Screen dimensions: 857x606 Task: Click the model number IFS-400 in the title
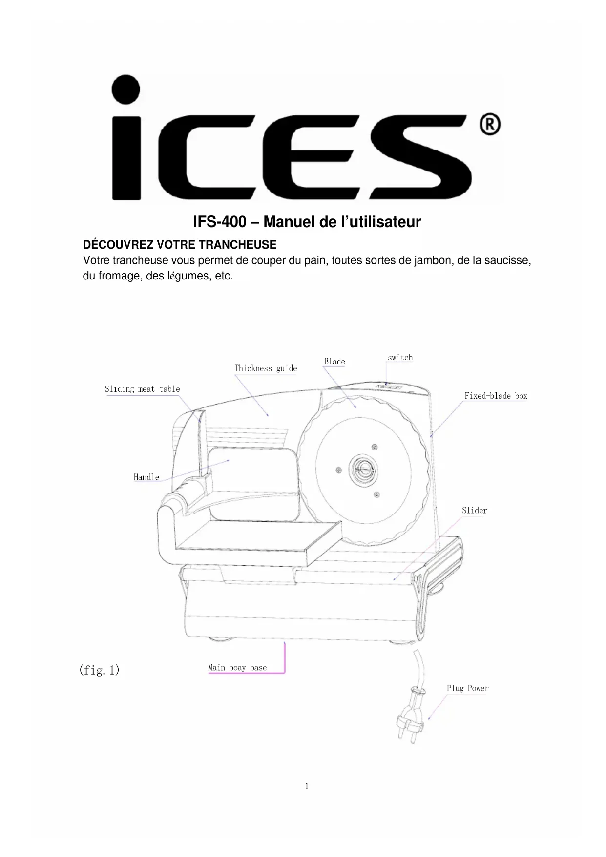click(x=219, y=222)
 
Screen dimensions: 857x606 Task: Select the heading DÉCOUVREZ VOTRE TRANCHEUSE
click(x=180, y=245)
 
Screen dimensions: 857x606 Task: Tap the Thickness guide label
click(x=266, y=368)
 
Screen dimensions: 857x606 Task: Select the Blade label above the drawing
click(x=334, y=362)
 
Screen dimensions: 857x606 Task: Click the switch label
click(x=400, y=358)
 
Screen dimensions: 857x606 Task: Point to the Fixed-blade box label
click(x=496, y=396)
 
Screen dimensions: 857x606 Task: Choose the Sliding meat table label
click(x=142, y=389)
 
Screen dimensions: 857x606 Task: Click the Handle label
click(x=146, y=477)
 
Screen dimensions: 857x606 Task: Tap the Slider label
click(x=474, y=511)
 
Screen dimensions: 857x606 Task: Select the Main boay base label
click(x=237, y=668)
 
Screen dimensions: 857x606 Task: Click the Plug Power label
click(x=467, y=688)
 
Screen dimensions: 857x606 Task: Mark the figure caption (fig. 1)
click(x=99, y=670)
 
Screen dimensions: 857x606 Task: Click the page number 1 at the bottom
click(x=307, y=786)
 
